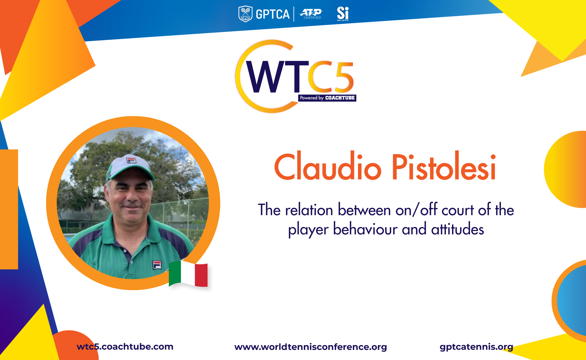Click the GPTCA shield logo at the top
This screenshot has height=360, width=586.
tap(245, 14)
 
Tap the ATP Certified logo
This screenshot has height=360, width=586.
tap(311, 14)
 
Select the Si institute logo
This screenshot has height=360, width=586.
tap(343, 14)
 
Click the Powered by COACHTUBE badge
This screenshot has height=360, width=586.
tap(327, 98)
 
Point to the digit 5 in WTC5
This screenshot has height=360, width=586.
tap(344, 77)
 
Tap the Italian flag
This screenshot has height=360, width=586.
tap(188, 274)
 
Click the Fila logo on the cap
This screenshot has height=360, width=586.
tap(131, 160)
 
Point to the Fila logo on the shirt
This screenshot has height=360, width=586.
tap(157, 265)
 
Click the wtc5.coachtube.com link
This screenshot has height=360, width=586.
tap(125, 347)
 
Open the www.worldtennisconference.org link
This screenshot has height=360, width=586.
tap(310, 347)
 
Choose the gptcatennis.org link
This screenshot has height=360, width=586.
tap(476, 347)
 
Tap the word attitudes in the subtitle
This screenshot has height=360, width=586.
tap(458, 229)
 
